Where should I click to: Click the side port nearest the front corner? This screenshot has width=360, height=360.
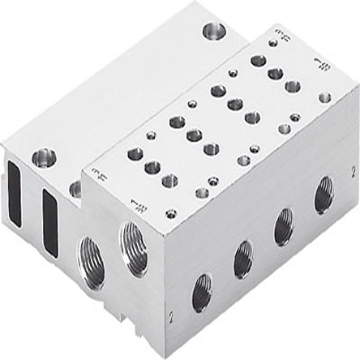tap(200, 293)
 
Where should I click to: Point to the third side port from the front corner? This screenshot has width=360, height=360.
tap(284, 226)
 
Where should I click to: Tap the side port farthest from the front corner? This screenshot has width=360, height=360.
tap(324, 195)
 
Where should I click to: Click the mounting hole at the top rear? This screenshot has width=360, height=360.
tap(215, 32)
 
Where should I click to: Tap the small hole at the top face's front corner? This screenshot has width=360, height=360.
tap(171, 214)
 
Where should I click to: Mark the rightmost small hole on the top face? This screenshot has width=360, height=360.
tap(324, 98)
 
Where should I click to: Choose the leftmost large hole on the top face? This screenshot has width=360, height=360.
tap(135, 153)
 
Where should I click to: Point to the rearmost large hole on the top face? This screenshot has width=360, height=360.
tap(258, 60)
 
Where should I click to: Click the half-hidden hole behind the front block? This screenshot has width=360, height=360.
tap(75, 189)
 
